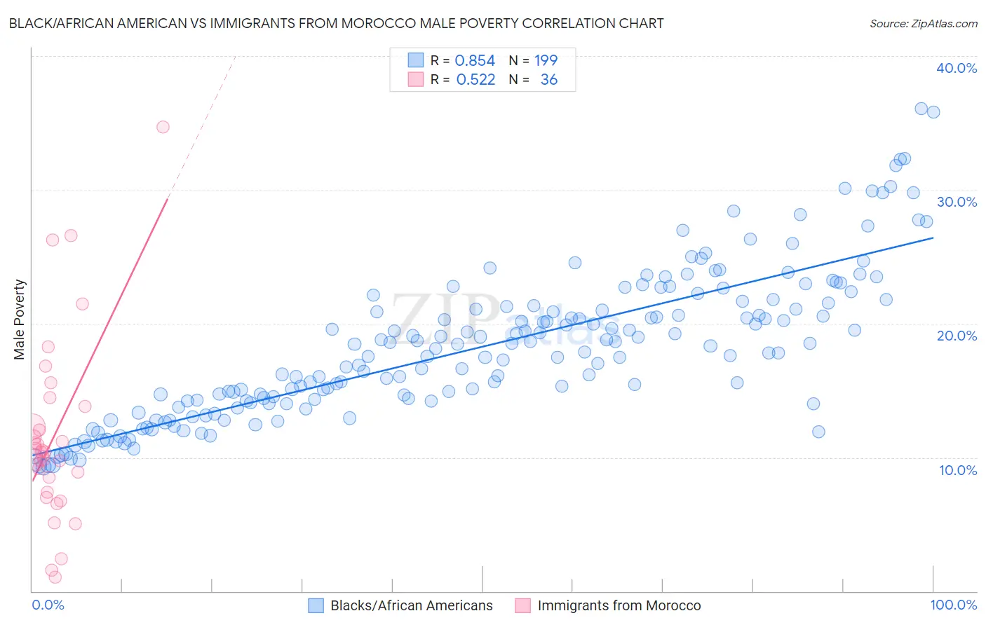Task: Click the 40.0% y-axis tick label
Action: pos(957,68)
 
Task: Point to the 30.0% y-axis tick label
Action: pos(957,202)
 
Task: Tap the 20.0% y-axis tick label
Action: pos(957,336)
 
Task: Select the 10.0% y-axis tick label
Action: pos(958,470)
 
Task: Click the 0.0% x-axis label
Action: pos(48,605)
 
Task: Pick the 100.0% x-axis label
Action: pos(953,605)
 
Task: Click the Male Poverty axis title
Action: pos(20,320)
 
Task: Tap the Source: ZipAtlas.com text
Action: pos(923,23)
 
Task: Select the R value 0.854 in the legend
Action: pos(475,61)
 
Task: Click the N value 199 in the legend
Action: pos(546,61)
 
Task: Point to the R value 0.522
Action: pos(475,80)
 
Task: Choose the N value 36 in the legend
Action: pos(549,80)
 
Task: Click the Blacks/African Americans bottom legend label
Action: pos(412,606)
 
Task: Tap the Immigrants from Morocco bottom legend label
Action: pos(619,606)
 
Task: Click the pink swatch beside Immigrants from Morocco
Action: pos(522,606)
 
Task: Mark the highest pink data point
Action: pos(163,127)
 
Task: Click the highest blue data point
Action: pos(921,109)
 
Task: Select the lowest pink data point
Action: pos(55,577)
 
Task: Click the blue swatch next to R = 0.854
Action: pos(415,61)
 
